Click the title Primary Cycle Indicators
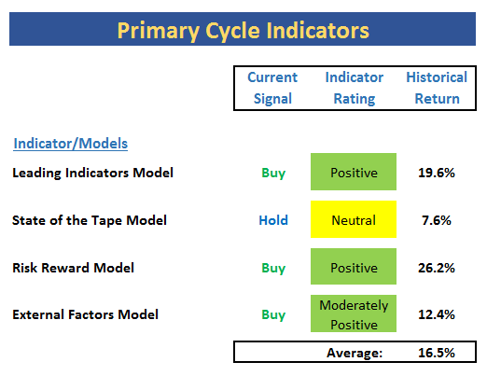click(x=243, y=31)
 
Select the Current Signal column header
click(x=272, y=88)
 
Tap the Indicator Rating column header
click(x=355, y=88)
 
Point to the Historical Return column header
click(x=437, y=88)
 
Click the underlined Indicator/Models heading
click(x=71, y=144)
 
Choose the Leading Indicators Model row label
click(x=92, y=173)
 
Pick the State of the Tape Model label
click(x=90, y=220)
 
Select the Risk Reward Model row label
click(x=73, y=268)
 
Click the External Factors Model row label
click(x=85, y=314)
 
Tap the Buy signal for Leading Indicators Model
click(x=273, y=173)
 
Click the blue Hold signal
click(x=273, y=220)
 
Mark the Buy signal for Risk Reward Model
click(x=273, y=268)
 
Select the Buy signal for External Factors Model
click(x=273, y=314)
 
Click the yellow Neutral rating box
click(x=354, y=219)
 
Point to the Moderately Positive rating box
click(x=354, y=313)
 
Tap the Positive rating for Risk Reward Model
click(x=354, y=266)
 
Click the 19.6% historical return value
click(x=437, y=173)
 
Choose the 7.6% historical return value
click(x=437, y=220)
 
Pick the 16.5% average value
click(x=437, y=353)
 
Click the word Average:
click(x=355, y=353)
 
